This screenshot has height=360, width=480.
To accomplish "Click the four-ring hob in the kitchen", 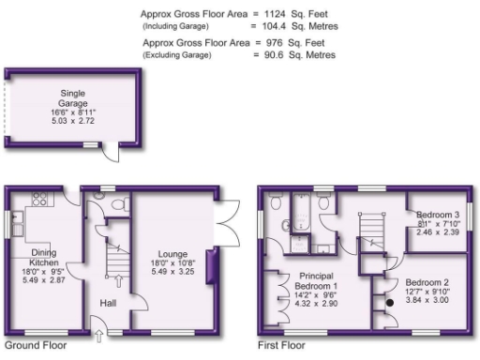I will pyautogui.click(x=41, y=199).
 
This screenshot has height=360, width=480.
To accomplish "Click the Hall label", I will pyautogui.click(x=110, y=303).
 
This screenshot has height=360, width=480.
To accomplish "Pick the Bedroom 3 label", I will pyautogui.click(x=437, y=216).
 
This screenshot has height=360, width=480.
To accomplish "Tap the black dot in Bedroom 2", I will pyautogui.click(x=388, y=303).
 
